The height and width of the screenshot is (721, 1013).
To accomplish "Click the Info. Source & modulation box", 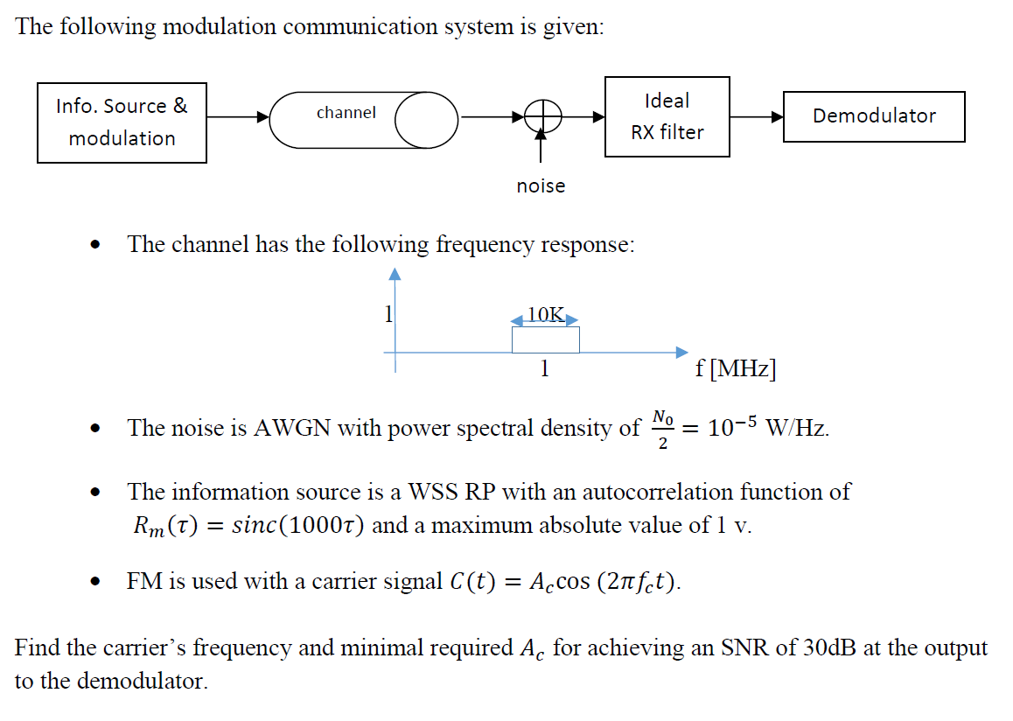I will (x=122, y=122).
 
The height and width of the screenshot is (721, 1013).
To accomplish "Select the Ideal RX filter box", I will (x=667, y=116).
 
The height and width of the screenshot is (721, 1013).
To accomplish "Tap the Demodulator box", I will (x=873, y=116).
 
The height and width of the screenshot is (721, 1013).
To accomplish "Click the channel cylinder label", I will (x=346, y=113).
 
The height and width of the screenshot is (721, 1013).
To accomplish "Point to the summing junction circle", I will (x=541, y=116).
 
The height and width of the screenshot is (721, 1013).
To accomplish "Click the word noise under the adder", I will (x=541, y=185).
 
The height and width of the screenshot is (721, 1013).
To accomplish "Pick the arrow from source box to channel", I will (x=237, y=116).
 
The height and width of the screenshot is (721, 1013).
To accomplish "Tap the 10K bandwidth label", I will (x=546, y=314).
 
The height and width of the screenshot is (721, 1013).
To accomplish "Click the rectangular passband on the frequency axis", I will (x=545, y=339).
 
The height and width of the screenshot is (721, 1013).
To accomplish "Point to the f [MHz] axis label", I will (x=735, y=368).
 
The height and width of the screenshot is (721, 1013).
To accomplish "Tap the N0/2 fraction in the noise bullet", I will (x=662, y=429).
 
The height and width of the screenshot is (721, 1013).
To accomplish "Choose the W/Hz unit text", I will (x=795, y=428).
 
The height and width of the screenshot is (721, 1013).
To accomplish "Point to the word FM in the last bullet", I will (x=143, y=582).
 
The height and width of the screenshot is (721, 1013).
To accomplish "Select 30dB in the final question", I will (x=828, y=648).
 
